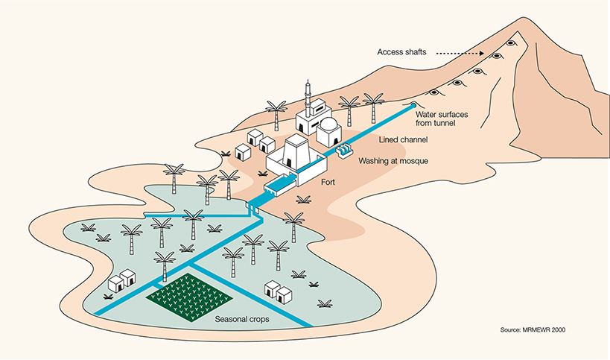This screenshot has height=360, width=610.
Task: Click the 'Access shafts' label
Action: (397, 53)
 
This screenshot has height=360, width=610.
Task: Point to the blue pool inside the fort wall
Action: (282, 181)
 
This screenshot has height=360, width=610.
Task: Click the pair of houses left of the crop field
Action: (121, 281)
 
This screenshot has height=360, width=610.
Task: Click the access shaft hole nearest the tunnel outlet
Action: (433, 92)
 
